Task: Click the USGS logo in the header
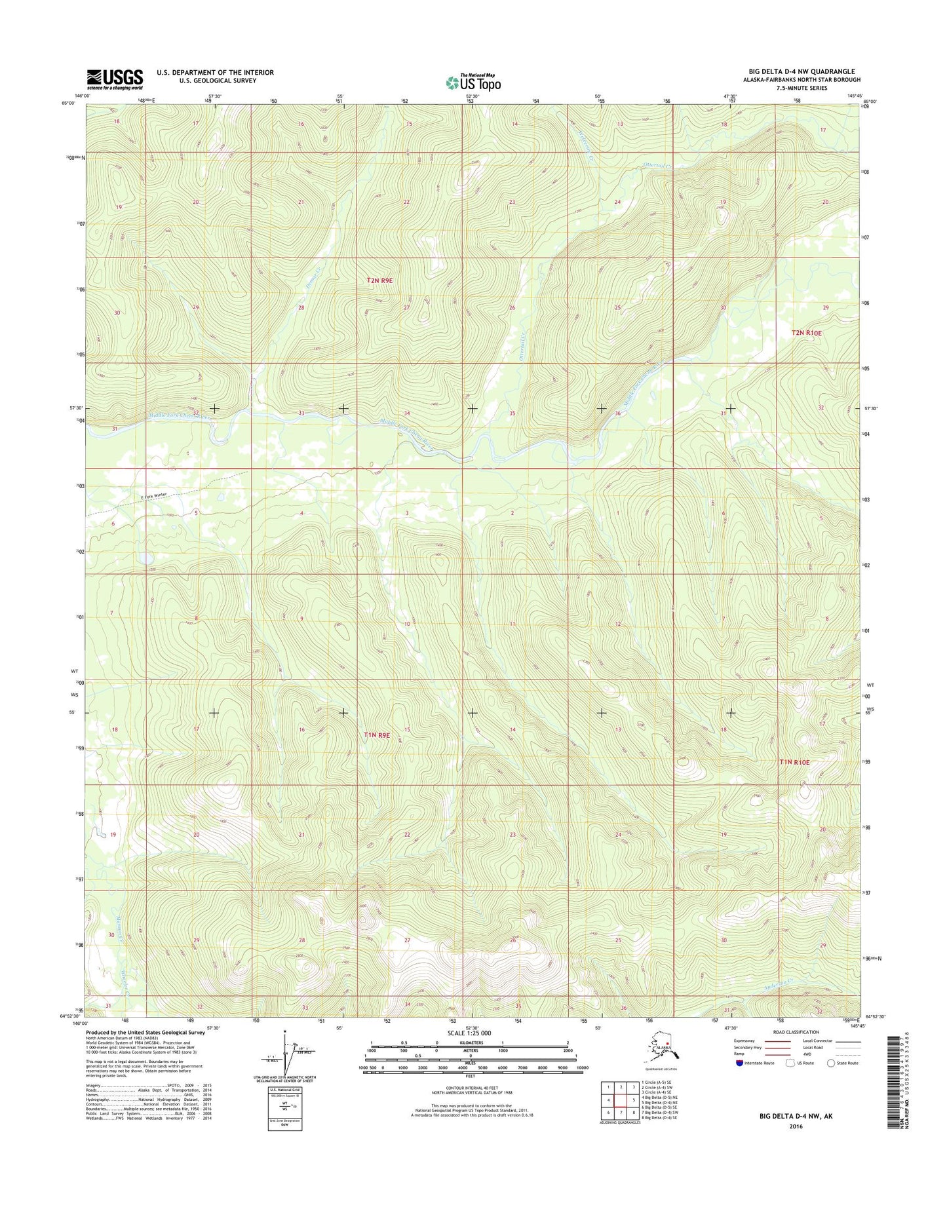click(115, 79)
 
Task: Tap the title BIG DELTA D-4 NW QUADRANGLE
click(802, 71)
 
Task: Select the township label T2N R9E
click(379, 280)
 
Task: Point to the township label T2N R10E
click(806, 333)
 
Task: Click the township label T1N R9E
click(377, 735)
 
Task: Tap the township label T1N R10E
click(794, 762)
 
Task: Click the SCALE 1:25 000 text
click(469, 1033)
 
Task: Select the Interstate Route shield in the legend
click(739, 1063)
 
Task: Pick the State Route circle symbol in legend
click(831, 1063)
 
